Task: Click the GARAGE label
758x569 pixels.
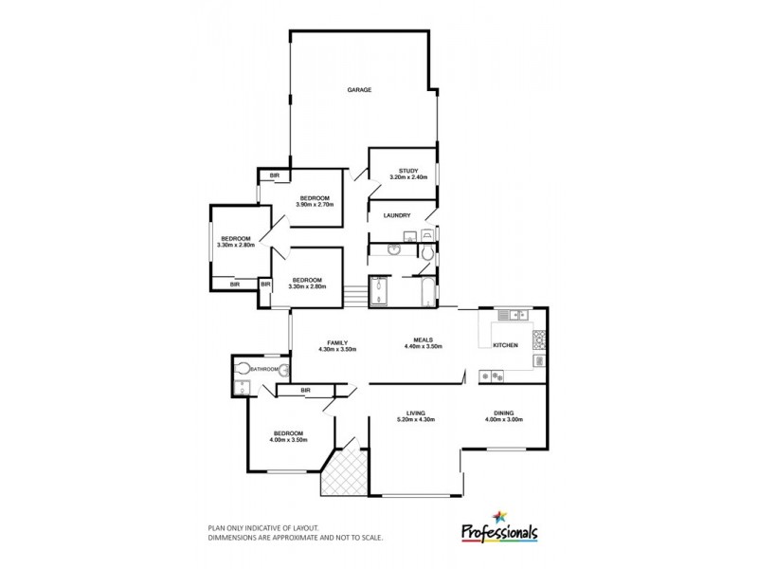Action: (358, 90)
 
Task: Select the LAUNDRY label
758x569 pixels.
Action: (396, 215)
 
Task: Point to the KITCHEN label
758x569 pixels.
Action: (505, 346)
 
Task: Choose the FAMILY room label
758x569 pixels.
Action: (339, 342)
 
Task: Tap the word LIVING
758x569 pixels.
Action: (415, 413)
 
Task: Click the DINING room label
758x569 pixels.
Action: (503, 413)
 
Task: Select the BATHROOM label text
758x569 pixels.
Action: (264, 369)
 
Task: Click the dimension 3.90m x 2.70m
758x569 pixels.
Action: (316, 206)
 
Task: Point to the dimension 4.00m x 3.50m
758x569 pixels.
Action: (290, 439)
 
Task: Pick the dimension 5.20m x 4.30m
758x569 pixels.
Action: (415, 420)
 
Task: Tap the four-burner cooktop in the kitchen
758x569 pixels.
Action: (540, 339)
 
